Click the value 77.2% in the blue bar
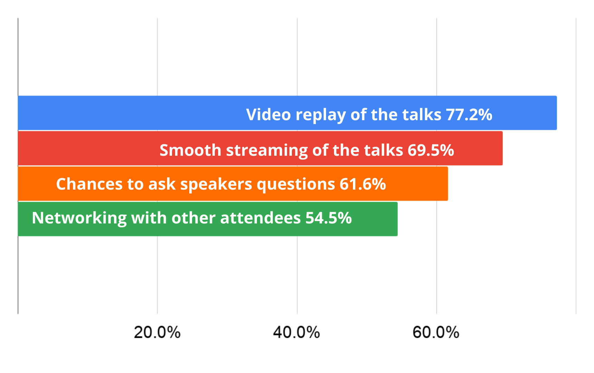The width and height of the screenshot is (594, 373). click(469, 115)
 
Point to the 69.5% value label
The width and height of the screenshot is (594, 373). click(431, 150)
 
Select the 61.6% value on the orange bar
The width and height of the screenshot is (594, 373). click(363, 184)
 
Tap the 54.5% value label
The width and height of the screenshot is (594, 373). click(328, 218)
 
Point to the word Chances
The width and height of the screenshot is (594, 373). click(89, 184)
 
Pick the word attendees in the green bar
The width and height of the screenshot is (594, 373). click(260, 218)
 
